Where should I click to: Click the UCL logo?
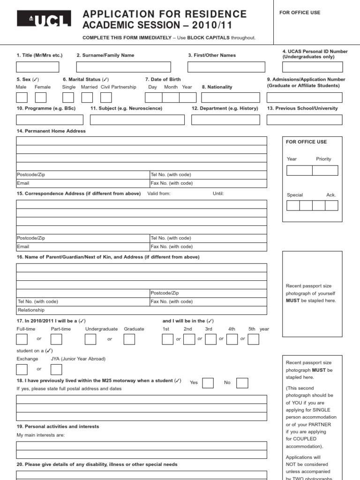pyautogui.click(x=44, y=19)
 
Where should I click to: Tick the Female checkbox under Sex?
pyautogui.click(x=41, y=97)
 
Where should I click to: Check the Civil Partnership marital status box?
pyautogui.click(x=106, y=97)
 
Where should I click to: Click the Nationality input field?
pyautogui.click(x=230, y=97)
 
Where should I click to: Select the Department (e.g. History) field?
pyautogui.click(x=225, y=120)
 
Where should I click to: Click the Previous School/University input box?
pyautogui.click(x=304, y=120)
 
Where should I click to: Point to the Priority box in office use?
pyautogui.click(x=325, y=170)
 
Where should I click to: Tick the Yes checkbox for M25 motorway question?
pyautogui.click(x=208, y=383)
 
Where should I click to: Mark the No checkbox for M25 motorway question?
pyautogui.click(x=242, y=383)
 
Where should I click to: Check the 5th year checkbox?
pyautogui.click(x=253, y=339)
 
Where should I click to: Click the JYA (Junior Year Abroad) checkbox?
pyautogui.click(x=56, y=369)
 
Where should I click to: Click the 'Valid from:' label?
pyautogui.click(x=159, y=194)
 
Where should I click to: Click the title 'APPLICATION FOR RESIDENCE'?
pyautogui.click(x=165, y=14)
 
